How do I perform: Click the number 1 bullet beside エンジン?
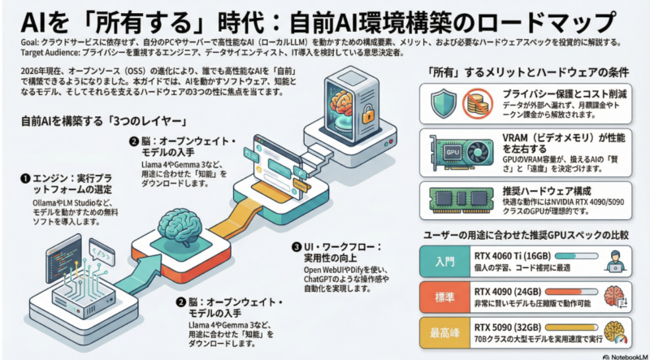pos(26,176)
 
